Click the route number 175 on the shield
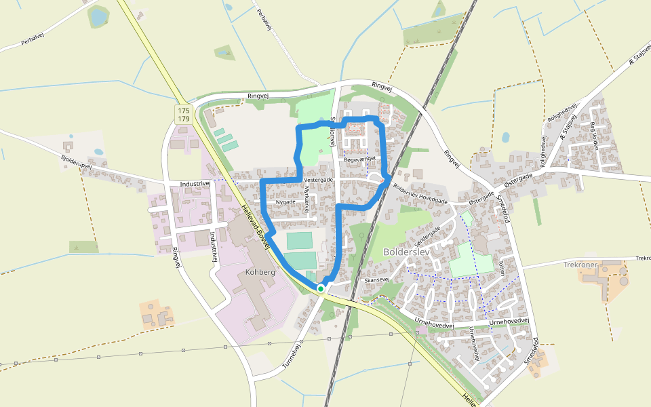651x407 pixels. click(183, 110)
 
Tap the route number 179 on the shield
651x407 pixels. click(183, 119)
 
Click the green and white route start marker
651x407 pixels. click(321, 288)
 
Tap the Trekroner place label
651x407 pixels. click(578, 265)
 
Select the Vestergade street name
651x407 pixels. click(319, 180)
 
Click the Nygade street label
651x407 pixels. click(286, 203)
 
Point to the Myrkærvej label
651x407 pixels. click(307, 199)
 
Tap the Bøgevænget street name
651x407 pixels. click(360, 159)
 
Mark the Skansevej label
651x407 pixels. click(376, 279)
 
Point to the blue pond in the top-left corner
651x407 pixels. click(99, 17)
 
